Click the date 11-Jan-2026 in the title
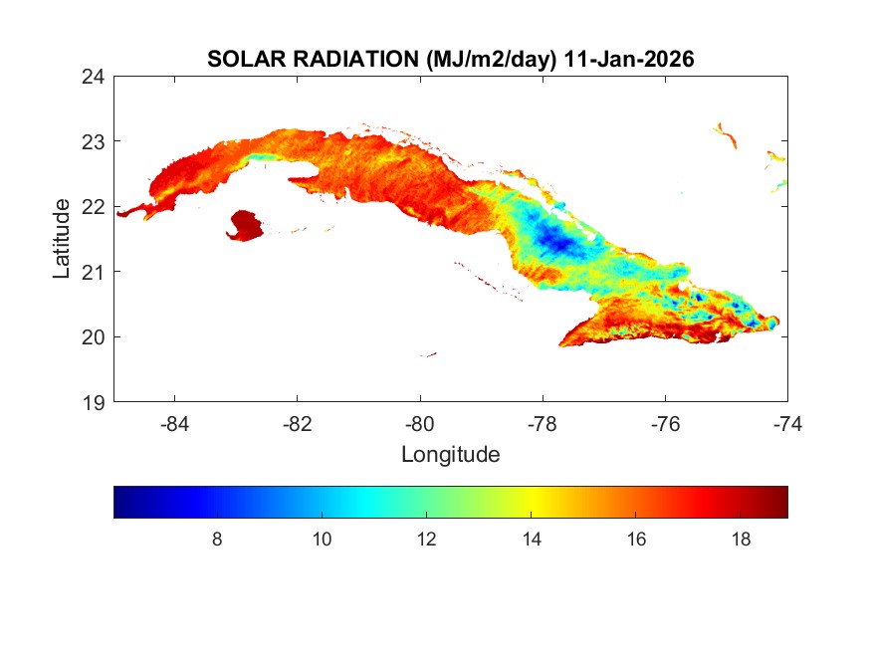click(x=628, y=60)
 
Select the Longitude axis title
click(x=450, y=455)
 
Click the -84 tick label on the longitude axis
click(x=175, y=423)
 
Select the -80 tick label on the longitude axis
click(x=420, y=423)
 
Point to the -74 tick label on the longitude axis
click(x=787, y=423)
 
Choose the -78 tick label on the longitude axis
click(x=543, y=423)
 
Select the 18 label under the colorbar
click(x=741, y=539)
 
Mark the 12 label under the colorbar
click(x=427, y=539)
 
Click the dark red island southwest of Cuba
click(x=245, y=225)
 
